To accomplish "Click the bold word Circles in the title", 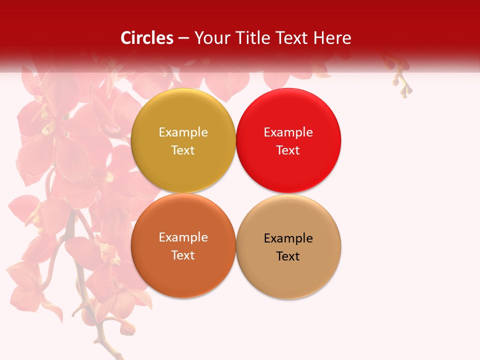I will pyautogui.click(x=147, y=38).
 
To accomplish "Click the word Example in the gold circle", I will pyautogui.click(x=183, y=132).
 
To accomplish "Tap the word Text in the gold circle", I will pyautogui.click(x=183, y=150).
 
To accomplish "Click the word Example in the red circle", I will pyautogui.click(x=288, y=132).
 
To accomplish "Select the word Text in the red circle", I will pyautogui.click(x=288, y=150).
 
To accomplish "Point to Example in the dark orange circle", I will pyautogui.click(x=183, y=237).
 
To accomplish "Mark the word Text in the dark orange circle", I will pyautogui.click(x=183, y=255).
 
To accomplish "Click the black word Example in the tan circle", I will pyautogui.click(x=288, y=238).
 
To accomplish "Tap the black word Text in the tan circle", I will pyautogui.click(x=288, y=256).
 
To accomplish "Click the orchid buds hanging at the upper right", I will pyautogui.click(x=403, y=82).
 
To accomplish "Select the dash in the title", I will pyautogui.click(x=183, y=38).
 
